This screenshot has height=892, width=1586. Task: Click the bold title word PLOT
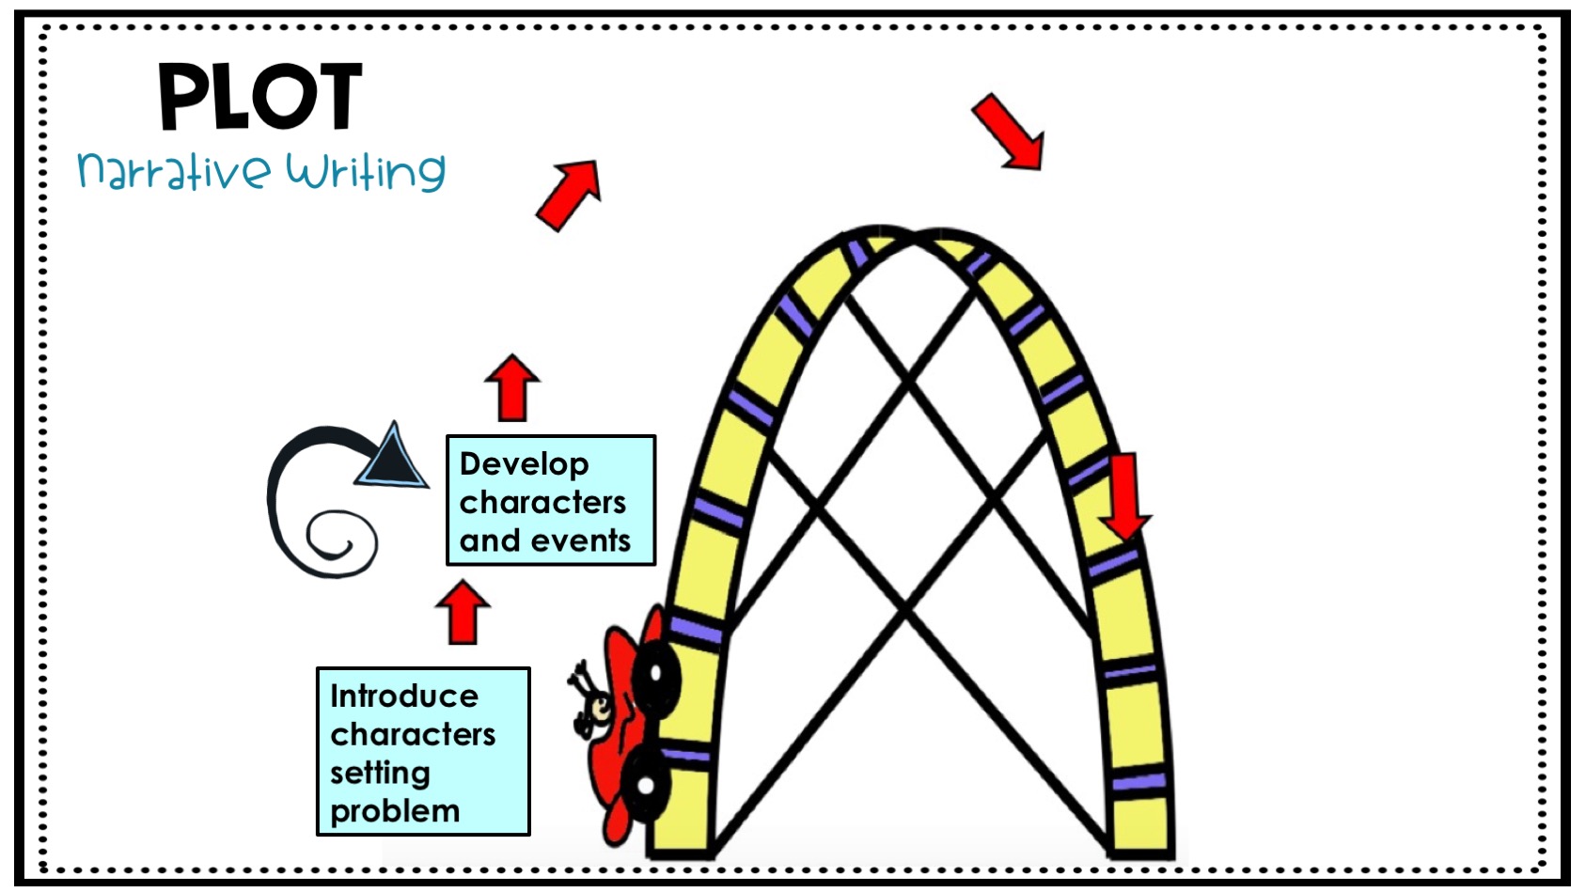click(259, 97)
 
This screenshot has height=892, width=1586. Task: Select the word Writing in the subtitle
click(366, 171)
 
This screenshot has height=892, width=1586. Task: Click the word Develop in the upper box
click(524, 464)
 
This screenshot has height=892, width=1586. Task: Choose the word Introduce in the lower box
click(404, 696)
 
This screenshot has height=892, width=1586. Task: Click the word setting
click(380, 773)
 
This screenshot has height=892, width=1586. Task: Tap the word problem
click(395, 811)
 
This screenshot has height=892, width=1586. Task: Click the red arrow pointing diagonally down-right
click(1008, 132)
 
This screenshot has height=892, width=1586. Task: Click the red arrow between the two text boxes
click(463, 611)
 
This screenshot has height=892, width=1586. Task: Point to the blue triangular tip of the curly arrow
click(394, 458)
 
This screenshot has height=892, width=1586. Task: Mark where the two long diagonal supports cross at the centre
click(907, 609)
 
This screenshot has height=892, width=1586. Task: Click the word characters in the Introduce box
click(413, 734)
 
